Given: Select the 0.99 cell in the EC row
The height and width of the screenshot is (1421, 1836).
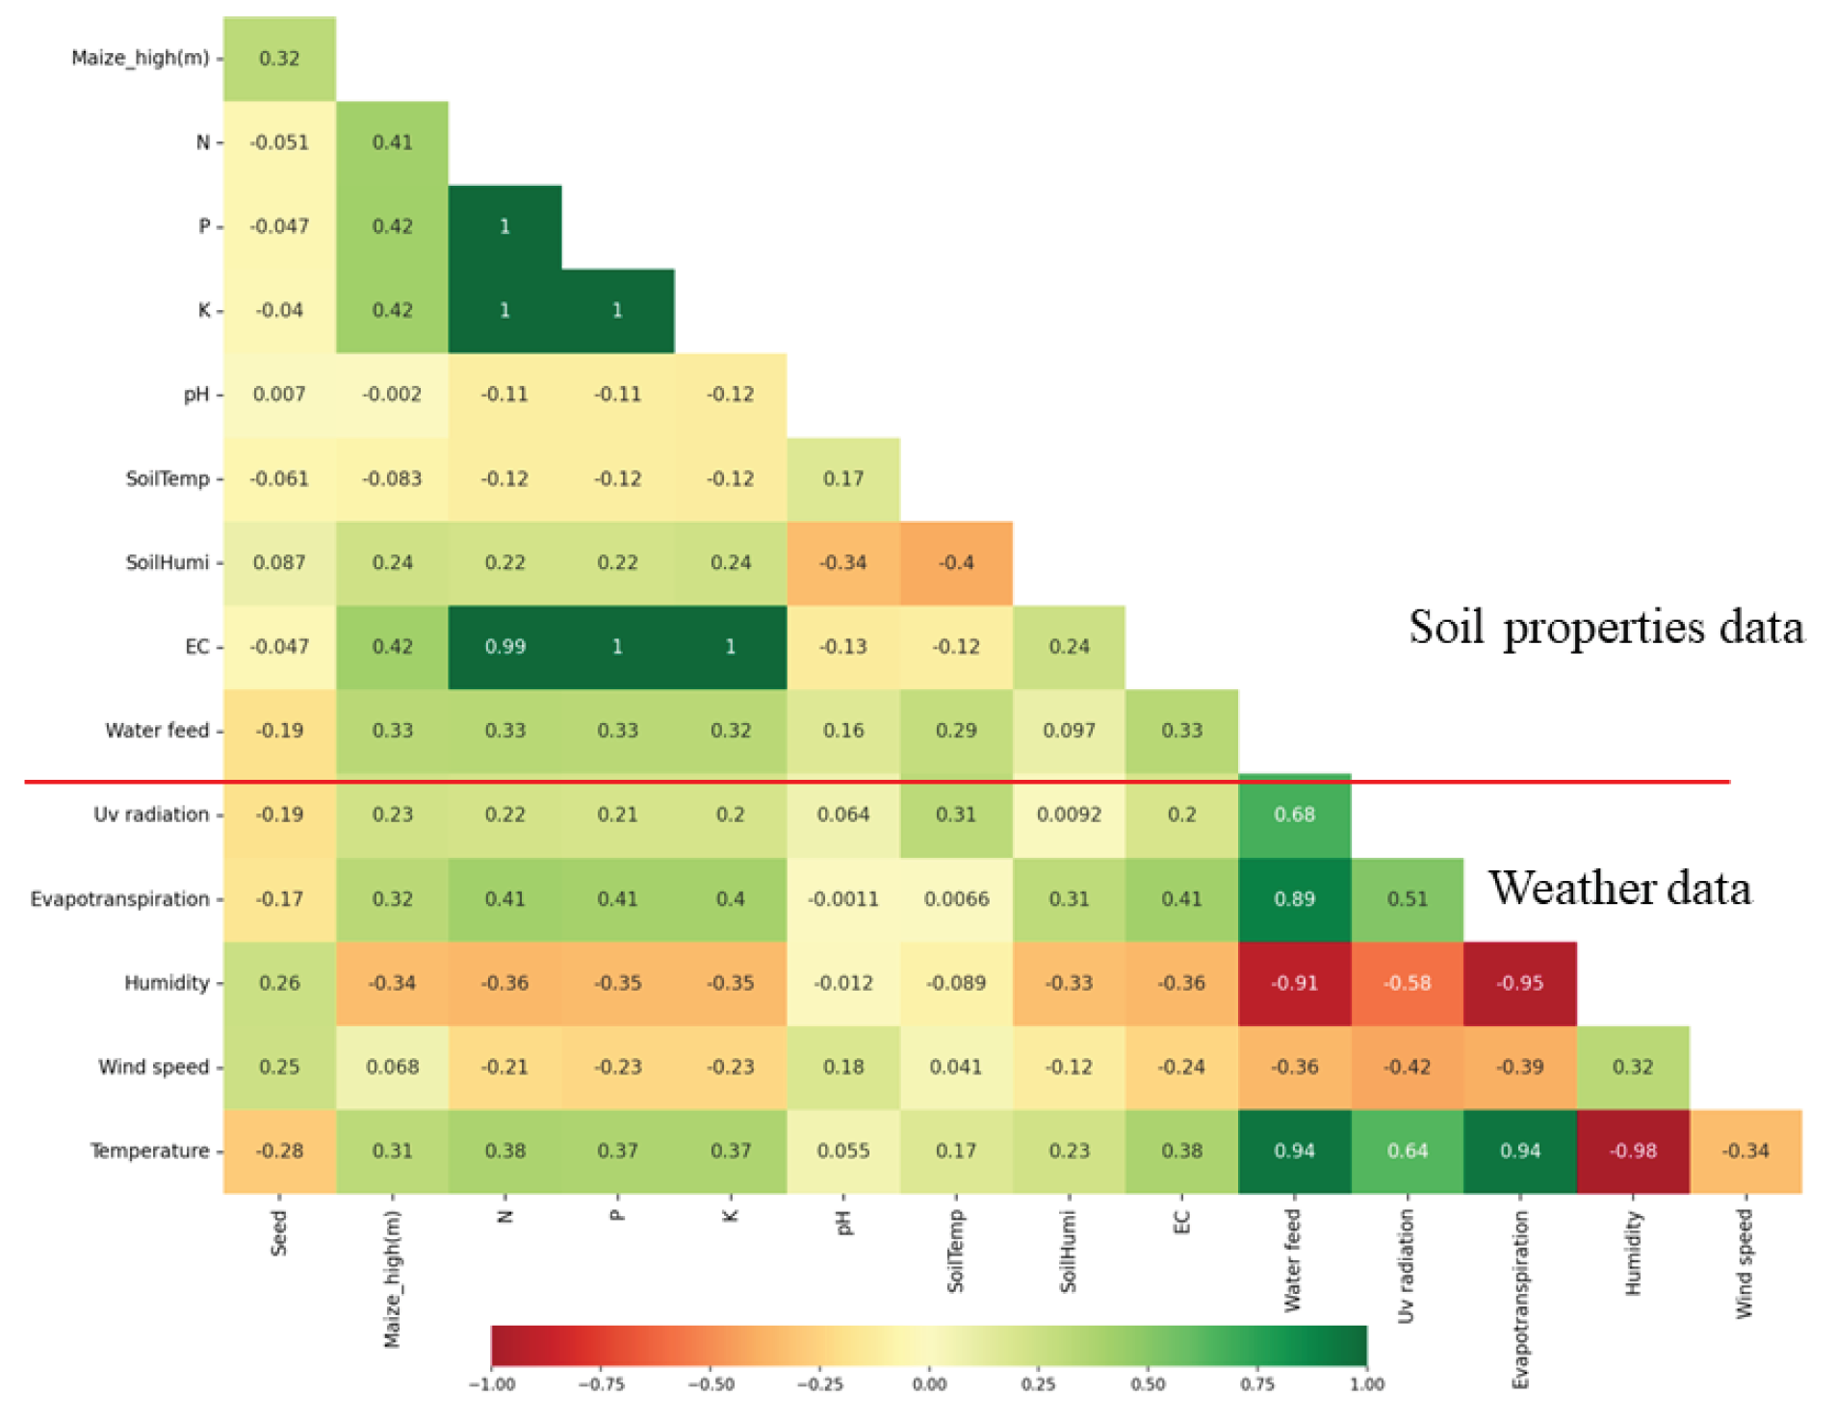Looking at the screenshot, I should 504,646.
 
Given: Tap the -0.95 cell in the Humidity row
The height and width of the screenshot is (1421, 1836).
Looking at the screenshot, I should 1518,983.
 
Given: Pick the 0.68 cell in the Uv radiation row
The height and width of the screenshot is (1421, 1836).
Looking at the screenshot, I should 1293,814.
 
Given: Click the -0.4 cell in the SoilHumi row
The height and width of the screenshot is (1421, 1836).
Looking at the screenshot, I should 955,562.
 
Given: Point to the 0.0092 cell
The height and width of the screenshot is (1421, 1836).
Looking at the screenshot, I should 1068,814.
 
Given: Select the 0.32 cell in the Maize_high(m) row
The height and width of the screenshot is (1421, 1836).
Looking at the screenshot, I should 279,58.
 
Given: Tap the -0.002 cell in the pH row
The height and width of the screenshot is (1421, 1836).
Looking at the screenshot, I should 392,394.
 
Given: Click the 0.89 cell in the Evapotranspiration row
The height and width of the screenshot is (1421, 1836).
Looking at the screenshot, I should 1293,898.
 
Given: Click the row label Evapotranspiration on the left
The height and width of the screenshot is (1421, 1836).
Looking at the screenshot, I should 119,898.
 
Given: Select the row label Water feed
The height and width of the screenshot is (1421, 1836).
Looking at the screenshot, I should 157,730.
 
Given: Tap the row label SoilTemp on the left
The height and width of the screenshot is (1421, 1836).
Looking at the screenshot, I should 167,478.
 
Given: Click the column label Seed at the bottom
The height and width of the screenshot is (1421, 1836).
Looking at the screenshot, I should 278,1233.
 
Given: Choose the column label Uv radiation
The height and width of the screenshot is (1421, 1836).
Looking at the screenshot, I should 1406,1266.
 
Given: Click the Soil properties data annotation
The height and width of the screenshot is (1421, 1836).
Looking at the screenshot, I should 1605,628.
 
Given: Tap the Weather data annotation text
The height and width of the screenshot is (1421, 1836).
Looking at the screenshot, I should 1619,888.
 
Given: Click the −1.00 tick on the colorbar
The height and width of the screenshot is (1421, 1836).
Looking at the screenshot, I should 491,1384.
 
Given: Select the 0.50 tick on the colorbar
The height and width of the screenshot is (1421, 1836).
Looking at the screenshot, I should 1148,1384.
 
